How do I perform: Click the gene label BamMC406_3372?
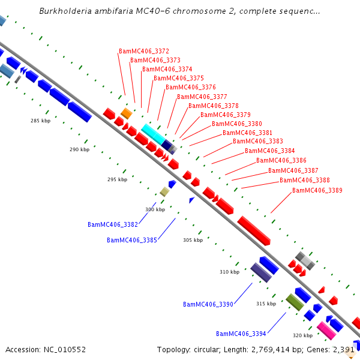[x=144, y=51]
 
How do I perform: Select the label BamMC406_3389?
[x=317, y=190]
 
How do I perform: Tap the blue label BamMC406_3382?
[x=113, y=224]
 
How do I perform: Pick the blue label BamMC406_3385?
[x=132, y=240]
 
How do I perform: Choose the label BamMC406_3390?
[x=208, y=304]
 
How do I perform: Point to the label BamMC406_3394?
[x=241, y=334]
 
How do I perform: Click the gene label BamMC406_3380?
[x=237, y=124]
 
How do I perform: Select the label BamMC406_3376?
[x=191, y=87]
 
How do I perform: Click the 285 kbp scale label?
[x=41, y=121]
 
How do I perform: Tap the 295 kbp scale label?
[x=118, y=179]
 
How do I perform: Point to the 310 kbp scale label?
[x=230, y=272]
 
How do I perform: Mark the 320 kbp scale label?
[x=303, y=335]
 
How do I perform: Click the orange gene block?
[x=127, y=113]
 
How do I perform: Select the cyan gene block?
[x=153, y=134]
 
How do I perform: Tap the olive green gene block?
[x=295, y=302]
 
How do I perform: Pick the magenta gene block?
[x=326, y=331]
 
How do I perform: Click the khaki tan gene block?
[x=164, y=192]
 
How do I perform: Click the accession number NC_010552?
[x=65, y=350]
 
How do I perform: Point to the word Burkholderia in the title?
[x=65, y=11]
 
